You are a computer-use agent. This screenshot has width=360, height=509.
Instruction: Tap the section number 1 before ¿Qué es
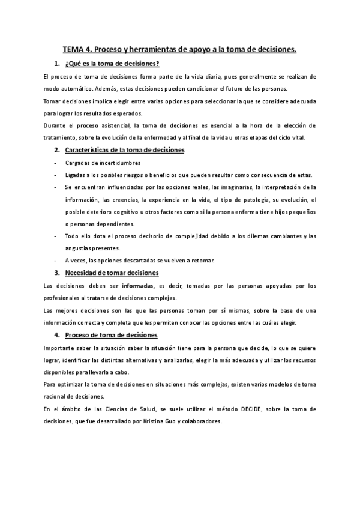click(x=56, y=64)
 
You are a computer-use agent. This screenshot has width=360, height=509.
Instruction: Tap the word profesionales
click(x=65, y=298)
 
